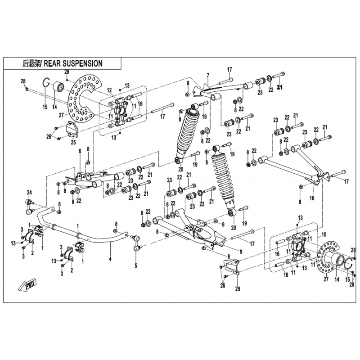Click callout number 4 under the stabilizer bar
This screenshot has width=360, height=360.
click(x=110, y=259)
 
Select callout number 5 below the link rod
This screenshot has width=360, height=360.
click(x=136, y=266)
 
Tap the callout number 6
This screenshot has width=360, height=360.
click(x=80, y=151)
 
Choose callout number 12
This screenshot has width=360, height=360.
click(x=109, y=90)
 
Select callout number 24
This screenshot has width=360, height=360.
click(x=30, y=193)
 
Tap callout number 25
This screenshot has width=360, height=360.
click(x=73, y=142)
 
